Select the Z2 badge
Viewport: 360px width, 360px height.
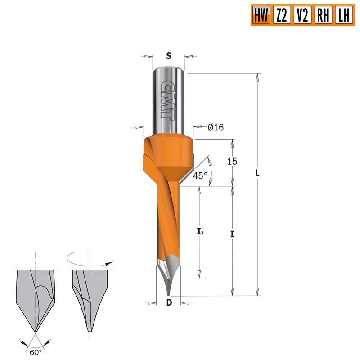click(282, 16)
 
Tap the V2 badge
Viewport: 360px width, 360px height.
click(302, 16)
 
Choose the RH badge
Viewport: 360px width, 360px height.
click(322, 16)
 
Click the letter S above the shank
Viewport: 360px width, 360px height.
click(169, 56)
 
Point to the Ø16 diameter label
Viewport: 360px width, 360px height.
click(216, 127)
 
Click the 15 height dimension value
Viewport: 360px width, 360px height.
click(232, 161)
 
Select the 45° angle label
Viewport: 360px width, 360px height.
click(200, 176)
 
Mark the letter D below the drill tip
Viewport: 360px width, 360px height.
click(169, 302)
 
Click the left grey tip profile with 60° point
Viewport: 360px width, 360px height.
click(35, 297)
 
